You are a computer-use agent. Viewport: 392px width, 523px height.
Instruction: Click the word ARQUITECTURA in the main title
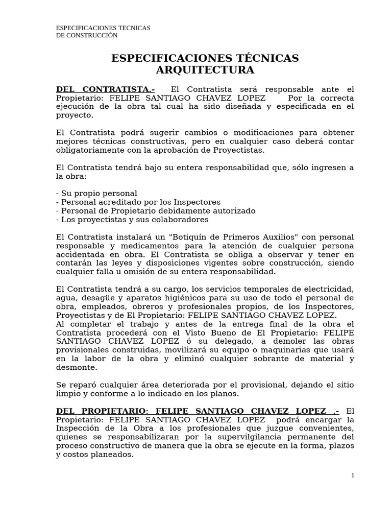(205, 70)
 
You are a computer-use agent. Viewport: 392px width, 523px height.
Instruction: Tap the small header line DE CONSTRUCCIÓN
(87, 35)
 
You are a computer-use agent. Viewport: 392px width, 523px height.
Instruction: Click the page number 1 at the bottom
(352, 475)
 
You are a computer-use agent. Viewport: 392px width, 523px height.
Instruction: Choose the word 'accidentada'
(81, 255)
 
